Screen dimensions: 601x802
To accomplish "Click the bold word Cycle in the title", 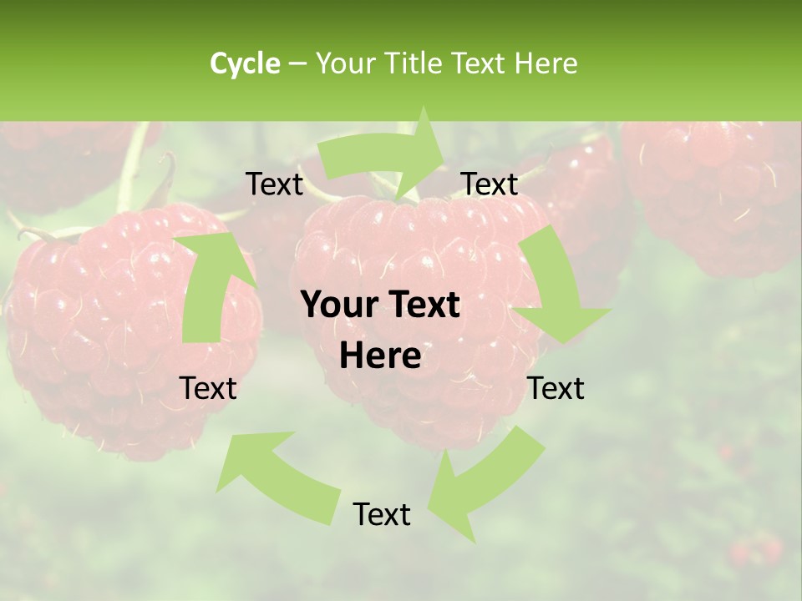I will pyautogui.click(x=245, y=63).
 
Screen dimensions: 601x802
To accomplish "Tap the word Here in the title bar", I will pyautogui.click(x=546, y=63).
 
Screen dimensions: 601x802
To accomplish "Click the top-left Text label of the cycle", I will pyautogui.click(x=274, y=184).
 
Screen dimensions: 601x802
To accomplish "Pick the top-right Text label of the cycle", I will pyautogui.click(x=490, y=184).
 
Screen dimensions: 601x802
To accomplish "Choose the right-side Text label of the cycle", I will pyautogui.click(x=556, y=388).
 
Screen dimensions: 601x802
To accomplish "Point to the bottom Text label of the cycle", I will pyautogui.click(x=382, y=514).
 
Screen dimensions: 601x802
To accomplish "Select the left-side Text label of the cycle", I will pyautogui.click(x=208, y=388).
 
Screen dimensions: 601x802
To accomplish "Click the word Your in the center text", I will pyautogui.click(x=334, y=305).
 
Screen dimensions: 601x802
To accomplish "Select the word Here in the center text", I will pyautogui.click(x=380, y=356).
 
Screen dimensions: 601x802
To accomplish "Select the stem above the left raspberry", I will pyautogui.click(x=134, y=167).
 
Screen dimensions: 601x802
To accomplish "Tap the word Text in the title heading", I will pyautogui.click(x=480, y=63).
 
